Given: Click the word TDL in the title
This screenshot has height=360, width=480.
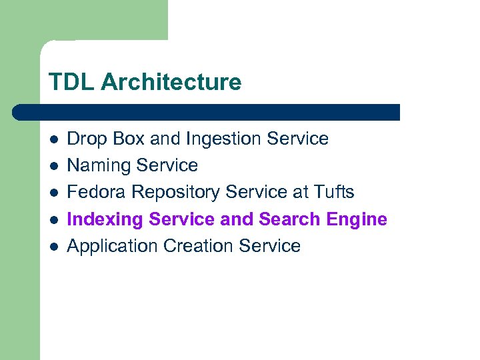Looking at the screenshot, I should coord(69,83).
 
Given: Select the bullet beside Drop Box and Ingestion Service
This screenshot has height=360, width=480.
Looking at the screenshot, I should coord(54,139).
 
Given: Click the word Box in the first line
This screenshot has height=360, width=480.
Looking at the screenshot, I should coord(125,139).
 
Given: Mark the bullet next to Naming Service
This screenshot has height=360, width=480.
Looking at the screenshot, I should coord(54,166).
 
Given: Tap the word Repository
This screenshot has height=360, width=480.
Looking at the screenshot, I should coord(175,193).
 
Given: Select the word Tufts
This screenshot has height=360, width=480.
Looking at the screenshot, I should coord(333,192).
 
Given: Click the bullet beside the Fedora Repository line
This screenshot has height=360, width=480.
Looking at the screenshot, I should coord(54,193).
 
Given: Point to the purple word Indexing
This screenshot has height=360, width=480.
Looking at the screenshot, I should coord(105,219).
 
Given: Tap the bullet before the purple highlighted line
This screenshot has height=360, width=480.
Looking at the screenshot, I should coord(54,219).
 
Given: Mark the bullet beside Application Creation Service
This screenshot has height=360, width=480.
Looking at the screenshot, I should coord(54,246).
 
